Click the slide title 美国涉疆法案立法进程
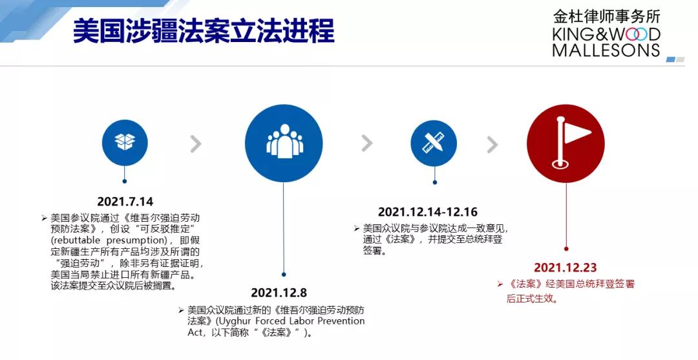(204, 31)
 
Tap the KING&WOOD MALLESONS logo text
(606, 42)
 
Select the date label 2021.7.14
(125, 202)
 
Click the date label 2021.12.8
(279, 292)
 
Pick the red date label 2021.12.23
(566, 268)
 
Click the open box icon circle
(125, 142)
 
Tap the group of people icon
(284, 142)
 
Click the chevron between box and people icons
(196, 143)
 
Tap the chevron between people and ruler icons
(367, 143)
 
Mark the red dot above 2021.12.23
(566, 249)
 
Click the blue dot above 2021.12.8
(284, 275)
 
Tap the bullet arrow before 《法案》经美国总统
(500, 284)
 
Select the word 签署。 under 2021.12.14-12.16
(374, 251)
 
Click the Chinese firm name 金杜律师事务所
(607, 17)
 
